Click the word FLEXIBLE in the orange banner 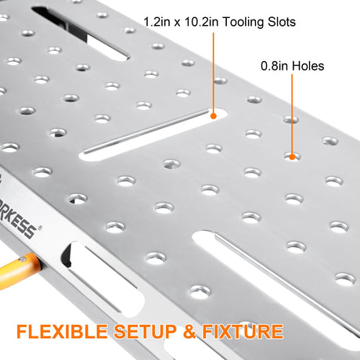click(62, 332)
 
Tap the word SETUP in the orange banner click(146, 332)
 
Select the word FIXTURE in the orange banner click(243, 332)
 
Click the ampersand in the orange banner click(189, 332)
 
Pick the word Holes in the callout click(308, 66)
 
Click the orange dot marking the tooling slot click(214, 116)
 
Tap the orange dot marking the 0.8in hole click(292, 157)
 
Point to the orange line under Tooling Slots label click(214, 73)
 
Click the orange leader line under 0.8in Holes click(292, 114)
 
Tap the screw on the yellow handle click(23, 259)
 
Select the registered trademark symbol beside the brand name click(40, 228)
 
